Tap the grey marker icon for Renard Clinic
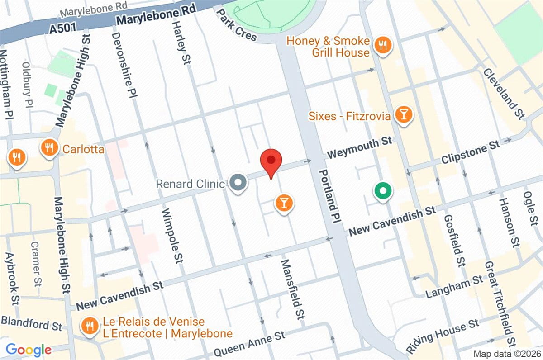(x=238, y=183)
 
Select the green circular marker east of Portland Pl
(x=383, y=190)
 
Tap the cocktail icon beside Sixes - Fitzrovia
(x=403, y=115)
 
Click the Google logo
(x=29, y=349)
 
